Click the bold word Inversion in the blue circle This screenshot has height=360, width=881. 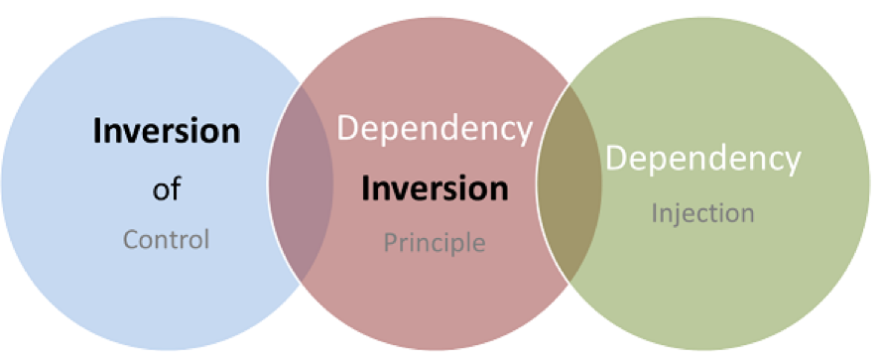coord(167,132)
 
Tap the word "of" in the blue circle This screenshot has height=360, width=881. coord(167,189)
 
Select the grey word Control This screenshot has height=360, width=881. coord(167,239)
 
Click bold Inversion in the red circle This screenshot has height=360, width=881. coord(435,188)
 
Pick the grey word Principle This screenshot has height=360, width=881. coord(435,243)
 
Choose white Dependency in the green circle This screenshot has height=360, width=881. coord(702,159)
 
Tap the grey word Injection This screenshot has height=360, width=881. coord(702,213)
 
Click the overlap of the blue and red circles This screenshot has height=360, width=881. coord(302,182)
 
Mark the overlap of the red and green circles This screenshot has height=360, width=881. coord(569,182)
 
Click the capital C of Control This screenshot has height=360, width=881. coord(130,240)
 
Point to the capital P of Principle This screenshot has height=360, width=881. coord(391,242)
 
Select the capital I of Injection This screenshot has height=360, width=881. coord(655,213)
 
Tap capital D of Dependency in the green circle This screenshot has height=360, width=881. coord(617,158)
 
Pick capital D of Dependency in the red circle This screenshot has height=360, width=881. coord(349,129)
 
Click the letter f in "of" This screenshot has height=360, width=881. coord(175,188)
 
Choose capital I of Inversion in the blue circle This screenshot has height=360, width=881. coord(98,132)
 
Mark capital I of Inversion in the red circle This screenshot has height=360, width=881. coord(366,188)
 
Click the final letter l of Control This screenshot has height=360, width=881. coord(206,239)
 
